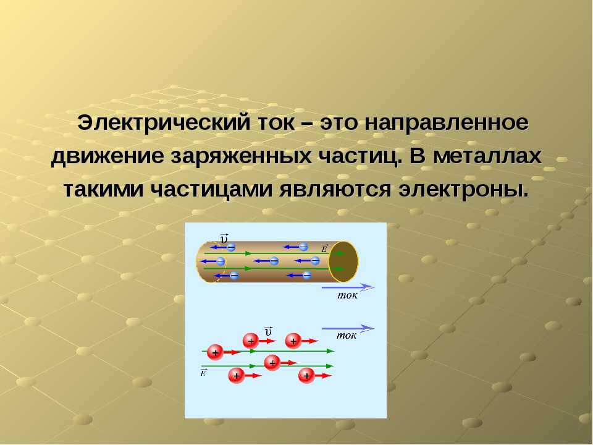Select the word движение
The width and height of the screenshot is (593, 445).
coord(107,156)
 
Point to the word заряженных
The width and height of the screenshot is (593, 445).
coord(242,156)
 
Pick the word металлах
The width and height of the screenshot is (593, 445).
coord(487,156)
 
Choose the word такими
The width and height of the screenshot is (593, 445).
coord(103,189)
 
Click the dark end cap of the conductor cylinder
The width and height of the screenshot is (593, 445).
coord(343,261)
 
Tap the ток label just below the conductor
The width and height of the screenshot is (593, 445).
coord(347,295)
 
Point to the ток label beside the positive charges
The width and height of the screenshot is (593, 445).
coord(347,335)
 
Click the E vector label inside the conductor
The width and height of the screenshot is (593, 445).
coord(324,248)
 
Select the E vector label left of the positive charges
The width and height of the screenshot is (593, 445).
coord(203,372)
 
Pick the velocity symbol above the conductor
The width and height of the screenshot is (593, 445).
coord(224,239)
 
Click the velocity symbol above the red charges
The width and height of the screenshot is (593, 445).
coord(268,331)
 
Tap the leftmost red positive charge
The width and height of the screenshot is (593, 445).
coord(215,352)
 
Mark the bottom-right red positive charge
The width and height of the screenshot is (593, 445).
coord(306,376)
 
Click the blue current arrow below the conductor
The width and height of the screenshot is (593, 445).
coord(348,287)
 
